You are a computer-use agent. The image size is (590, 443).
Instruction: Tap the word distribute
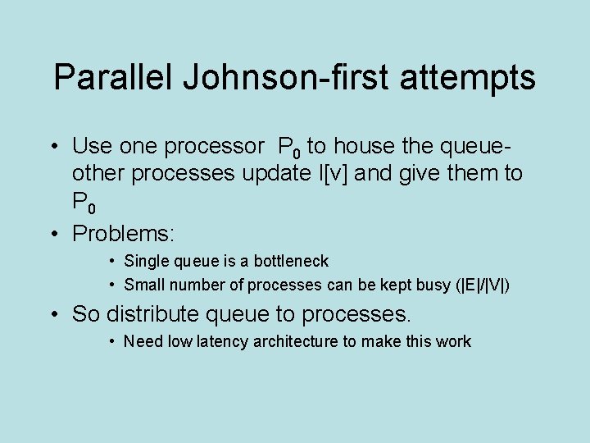point(150,313)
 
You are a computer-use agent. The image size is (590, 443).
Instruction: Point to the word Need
point(143,341)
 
